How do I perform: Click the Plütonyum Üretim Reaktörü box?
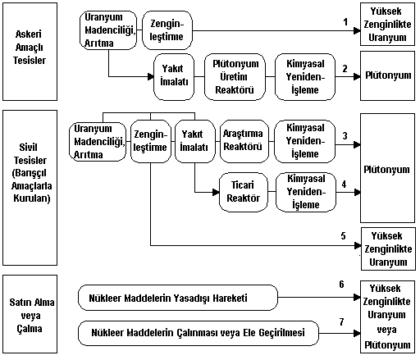tap(235, 77)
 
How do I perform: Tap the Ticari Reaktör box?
tap(244, 192)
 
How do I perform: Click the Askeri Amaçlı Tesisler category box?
tap(30, 52)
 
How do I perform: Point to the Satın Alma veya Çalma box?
tap(30, 314)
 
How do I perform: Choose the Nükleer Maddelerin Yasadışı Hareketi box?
tap(178, 298)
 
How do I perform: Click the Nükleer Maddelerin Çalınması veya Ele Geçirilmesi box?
tap(199, 333)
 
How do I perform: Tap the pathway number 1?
tap(345, 22)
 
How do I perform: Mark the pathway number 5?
tap(344, 236)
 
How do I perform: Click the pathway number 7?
tap(342, 321)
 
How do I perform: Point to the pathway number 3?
tap(345, 135)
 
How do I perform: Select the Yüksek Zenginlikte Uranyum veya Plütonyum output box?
tap(387, 317)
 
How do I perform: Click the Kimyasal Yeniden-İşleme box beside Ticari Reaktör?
tap(306, 192)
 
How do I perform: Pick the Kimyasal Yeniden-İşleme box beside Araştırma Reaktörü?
tap(304, 141)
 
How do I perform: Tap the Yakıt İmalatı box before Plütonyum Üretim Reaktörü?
tap(174, 77)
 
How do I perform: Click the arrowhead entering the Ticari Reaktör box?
tap(216, 192)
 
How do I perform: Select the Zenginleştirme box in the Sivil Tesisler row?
tap(151, 141)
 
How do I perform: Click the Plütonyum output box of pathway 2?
tap(387, 75)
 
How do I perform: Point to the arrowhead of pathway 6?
tap(357, 297)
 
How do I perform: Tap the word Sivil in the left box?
tap(28, 148)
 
